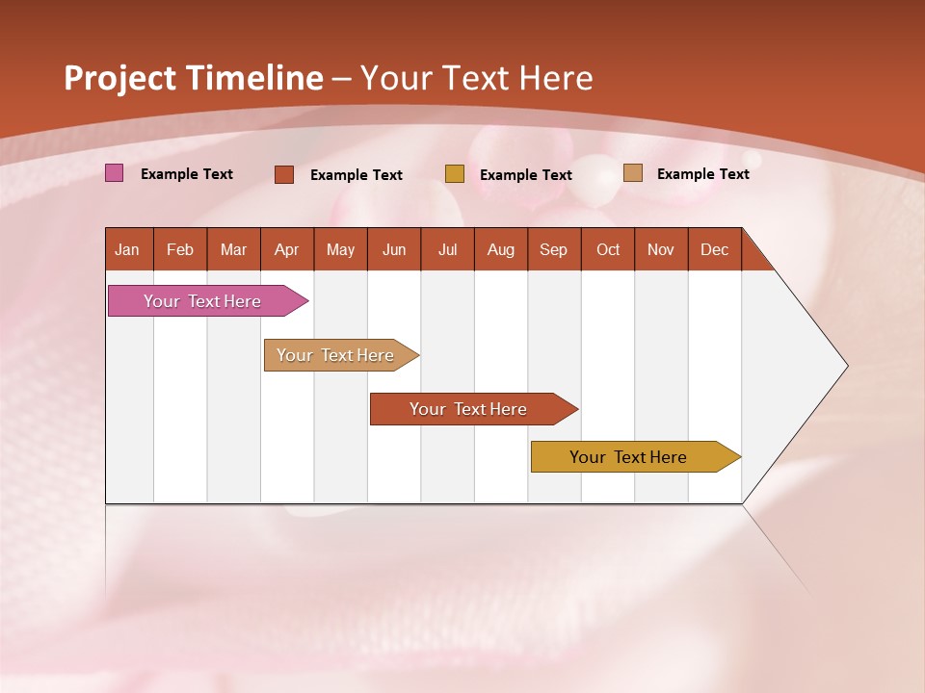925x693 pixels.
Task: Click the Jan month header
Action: point(127,249)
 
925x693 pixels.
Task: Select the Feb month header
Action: point(180,249)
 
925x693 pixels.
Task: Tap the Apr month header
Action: point(286,249)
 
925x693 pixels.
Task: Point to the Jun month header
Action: point(394,249)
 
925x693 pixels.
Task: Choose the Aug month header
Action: point(500,249)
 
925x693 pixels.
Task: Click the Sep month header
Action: point(553,249)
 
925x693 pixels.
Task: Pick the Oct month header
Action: point(608,249)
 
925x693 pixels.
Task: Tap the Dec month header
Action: point(714,249)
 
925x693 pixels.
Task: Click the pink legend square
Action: point(115,173)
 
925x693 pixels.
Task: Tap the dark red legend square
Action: point(284,174)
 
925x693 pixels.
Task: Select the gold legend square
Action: point(455,174)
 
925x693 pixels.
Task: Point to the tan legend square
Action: point(633,173)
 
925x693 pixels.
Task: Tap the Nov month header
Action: point(661,249)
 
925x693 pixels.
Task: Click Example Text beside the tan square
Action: point(702,173)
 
